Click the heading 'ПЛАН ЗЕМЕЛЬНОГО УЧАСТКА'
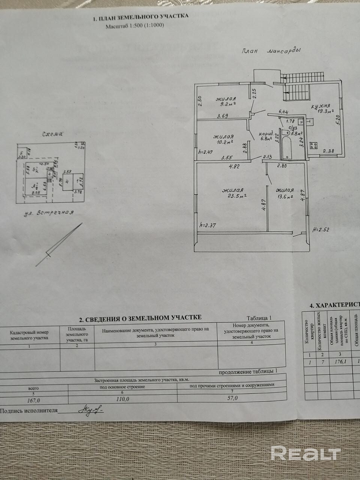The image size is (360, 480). [140, 17]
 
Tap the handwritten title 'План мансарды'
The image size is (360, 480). [271, 52]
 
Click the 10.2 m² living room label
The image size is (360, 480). [223, 139]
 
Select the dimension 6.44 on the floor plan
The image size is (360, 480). [283, 112]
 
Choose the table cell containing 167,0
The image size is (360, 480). [33, 399]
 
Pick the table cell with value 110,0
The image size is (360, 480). [123, 399]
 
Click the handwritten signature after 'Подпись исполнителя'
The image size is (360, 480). [91, 409]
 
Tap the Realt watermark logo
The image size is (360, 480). [305, 453]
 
